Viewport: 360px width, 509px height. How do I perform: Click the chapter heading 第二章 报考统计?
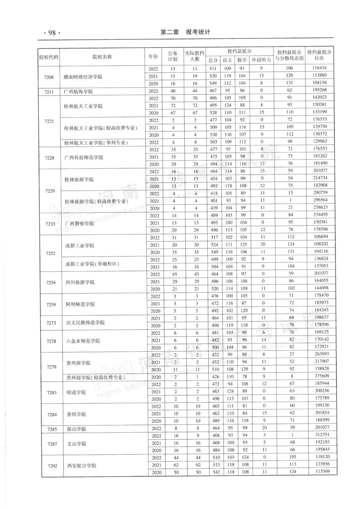point(185,32)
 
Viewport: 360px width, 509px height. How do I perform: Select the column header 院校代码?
point(49,57)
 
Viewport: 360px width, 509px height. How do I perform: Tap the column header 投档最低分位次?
point(319,55)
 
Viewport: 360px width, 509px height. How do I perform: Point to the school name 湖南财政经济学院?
point(83,77)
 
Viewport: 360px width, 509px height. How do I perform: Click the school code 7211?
point(49,91)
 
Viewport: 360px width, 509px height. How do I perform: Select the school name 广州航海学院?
point(78,91)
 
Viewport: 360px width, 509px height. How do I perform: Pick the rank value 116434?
point(319,68)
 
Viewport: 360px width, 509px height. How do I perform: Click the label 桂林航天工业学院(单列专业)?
point(96,143)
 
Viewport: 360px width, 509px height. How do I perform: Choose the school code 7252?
point(51,253)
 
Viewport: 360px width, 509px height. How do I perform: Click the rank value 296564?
point(320,200)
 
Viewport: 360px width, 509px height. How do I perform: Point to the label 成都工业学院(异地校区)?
point(92,264)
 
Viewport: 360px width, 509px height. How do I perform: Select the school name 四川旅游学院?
point(80,282)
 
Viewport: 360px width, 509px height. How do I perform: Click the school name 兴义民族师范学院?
point(85,323)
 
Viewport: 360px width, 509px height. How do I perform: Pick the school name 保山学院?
point(76,429)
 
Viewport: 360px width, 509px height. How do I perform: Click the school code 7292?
point(52,466)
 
